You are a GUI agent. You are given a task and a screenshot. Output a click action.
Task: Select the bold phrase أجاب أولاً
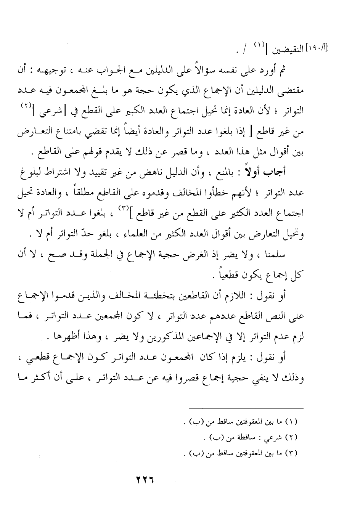point(272,173)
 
